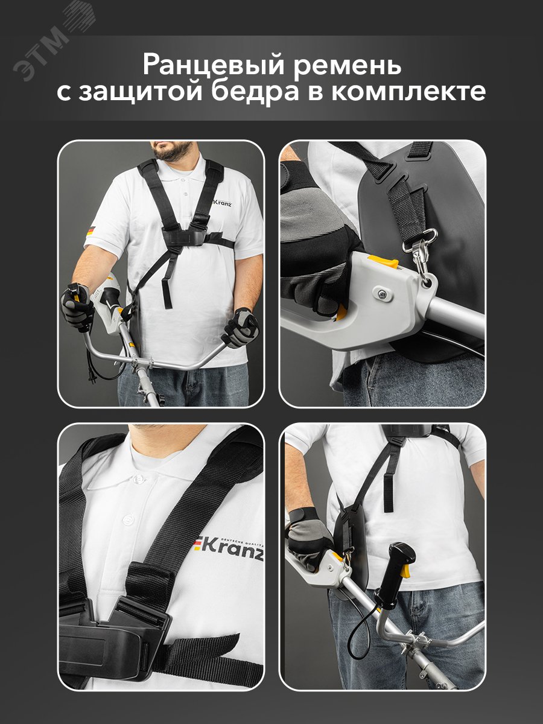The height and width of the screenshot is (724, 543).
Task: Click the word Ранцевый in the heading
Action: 213,66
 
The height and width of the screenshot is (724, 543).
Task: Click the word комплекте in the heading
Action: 409,92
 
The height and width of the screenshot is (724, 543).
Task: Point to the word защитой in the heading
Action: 140,92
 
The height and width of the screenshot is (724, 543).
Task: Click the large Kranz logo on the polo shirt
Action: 229,550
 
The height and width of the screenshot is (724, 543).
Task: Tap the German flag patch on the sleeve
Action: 91,230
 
